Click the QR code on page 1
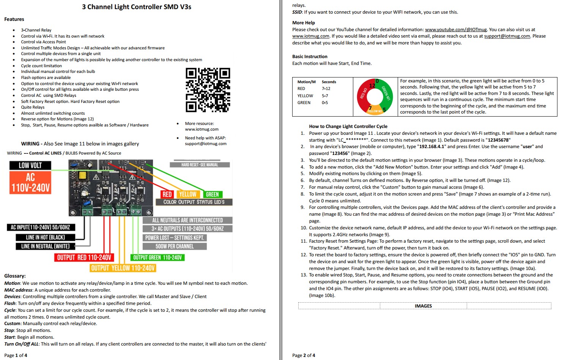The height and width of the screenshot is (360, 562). click(x=208, y=90)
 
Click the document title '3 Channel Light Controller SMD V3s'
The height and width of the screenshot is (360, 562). click(x=137, y=7)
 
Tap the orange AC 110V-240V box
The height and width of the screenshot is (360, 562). click(x=30, y=182)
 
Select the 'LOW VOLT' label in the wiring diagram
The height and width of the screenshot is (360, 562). click(x=30, y=165)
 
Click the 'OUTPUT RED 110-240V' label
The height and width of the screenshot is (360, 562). click(x=84, y=257)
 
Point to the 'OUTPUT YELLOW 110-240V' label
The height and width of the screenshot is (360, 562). click(x=123, y=268)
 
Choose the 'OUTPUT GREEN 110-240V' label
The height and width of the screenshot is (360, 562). click(x=157, y=257)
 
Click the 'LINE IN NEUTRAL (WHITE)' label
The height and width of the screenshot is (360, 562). click(x=45, y=246)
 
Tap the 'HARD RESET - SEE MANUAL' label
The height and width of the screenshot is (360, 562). click(x=200, y=165)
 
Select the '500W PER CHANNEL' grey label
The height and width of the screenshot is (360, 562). click(x=175, y=246)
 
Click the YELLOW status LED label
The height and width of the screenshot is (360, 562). click(x=188, y=194)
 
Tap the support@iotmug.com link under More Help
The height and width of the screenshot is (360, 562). click(x=507, y=36)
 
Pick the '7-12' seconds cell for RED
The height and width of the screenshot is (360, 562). click(x=326, y=88)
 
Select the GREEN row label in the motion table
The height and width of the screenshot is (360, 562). click(x=304, y=103)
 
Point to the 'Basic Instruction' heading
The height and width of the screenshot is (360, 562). click(x=310, y=57)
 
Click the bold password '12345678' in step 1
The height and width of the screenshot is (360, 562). click(x=498, y=140)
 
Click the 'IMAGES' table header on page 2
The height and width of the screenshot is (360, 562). click(x=423, y=306)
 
